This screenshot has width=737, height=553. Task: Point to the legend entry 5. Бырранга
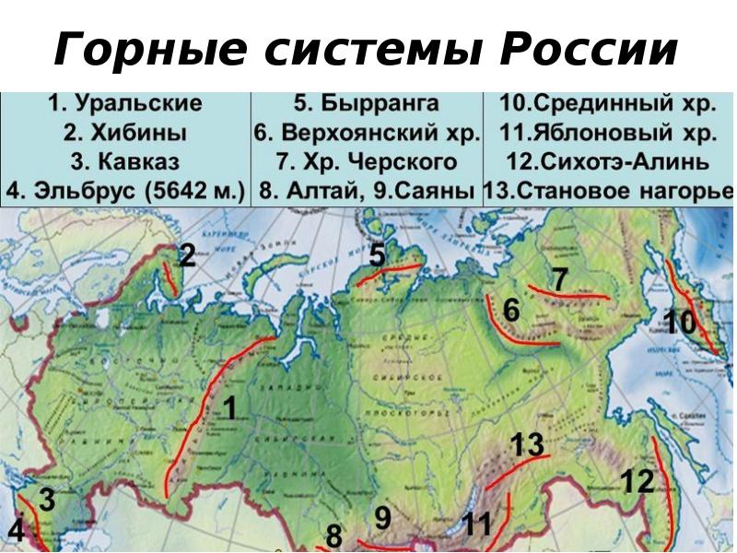click(367, 105)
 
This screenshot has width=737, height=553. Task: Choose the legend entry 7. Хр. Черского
click(367, 163)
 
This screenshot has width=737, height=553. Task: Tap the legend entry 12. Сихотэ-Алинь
click(608, 163)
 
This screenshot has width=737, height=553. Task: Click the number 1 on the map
click(229, 408)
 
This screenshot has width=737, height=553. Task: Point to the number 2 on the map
click(187, 255)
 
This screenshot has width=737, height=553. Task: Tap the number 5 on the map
click(378, 253)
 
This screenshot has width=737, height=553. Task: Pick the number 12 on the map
click(637, 481)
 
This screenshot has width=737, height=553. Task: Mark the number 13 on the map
click(527, 444)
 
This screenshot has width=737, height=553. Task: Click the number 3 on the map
click(46, 501)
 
